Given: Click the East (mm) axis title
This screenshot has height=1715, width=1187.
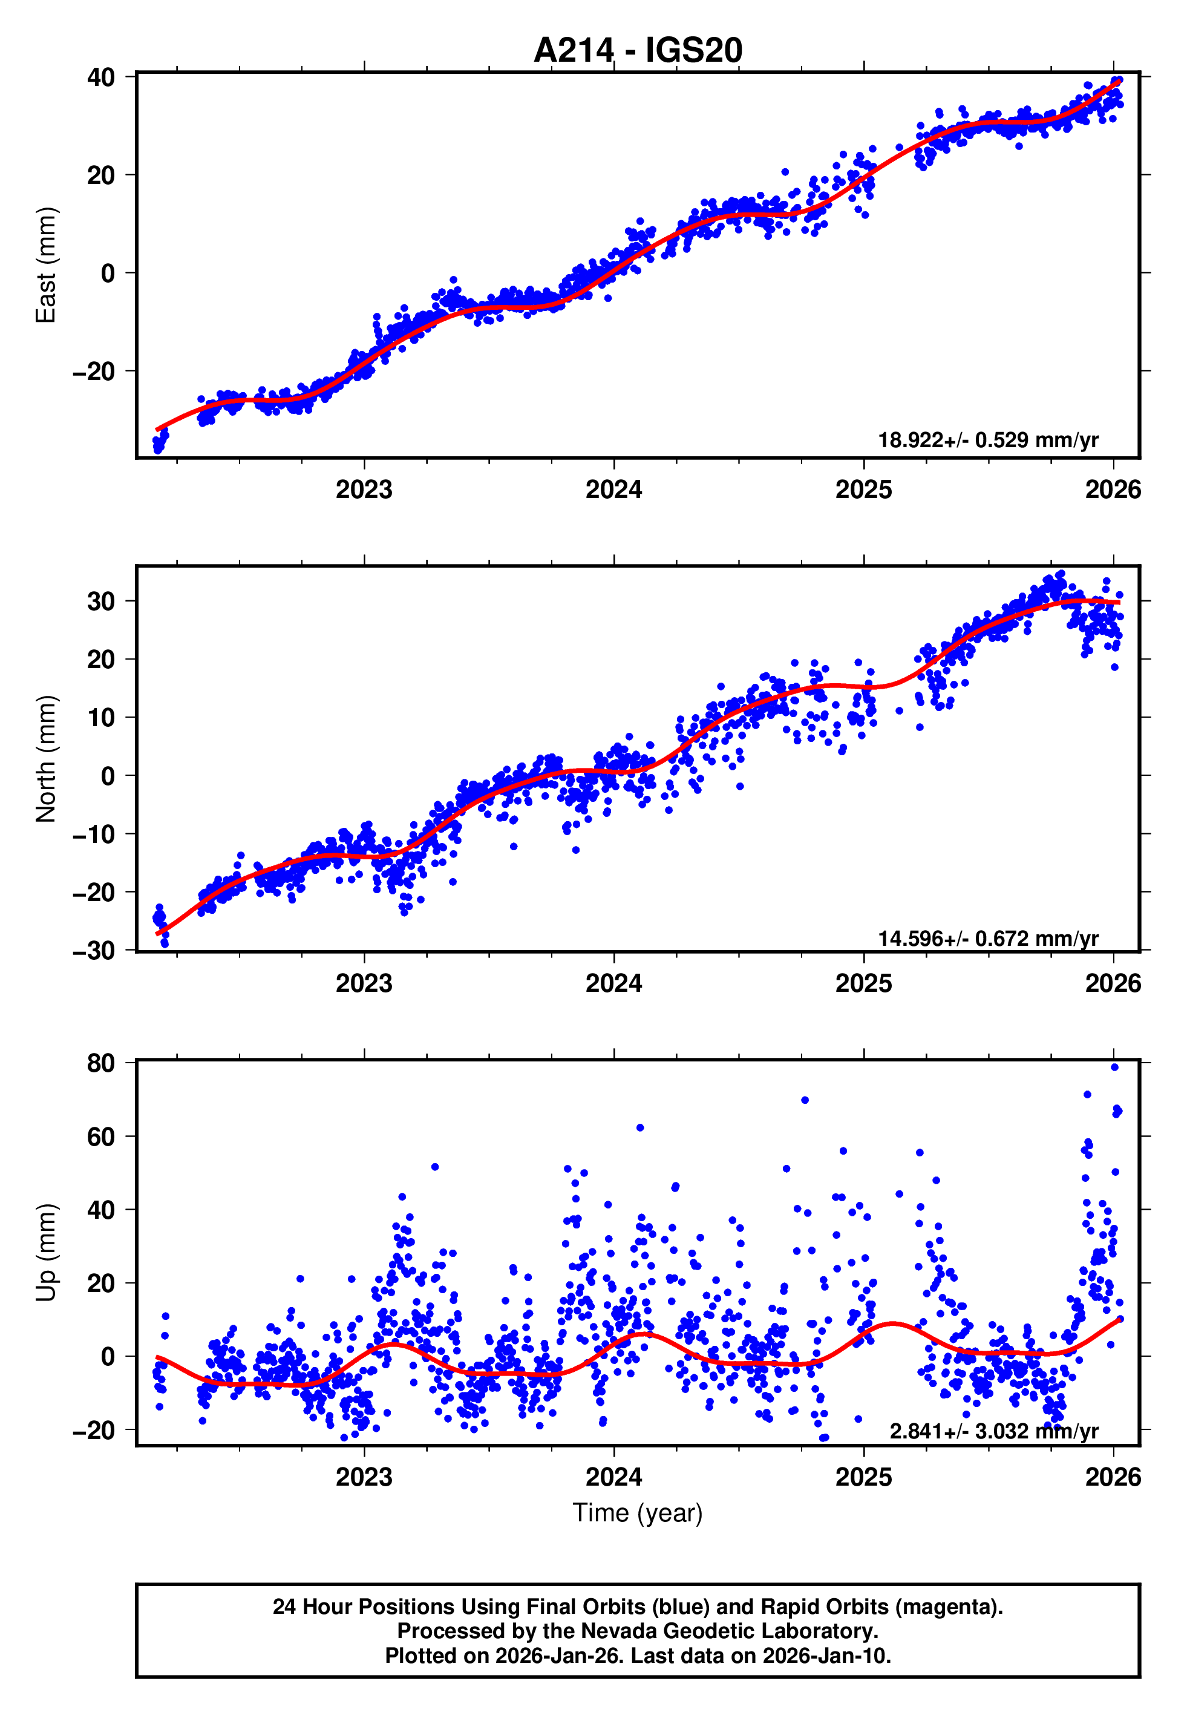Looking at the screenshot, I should coord(46,265).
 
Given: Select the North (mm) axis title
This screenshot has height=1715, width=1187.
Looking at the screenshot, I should coord(46,759).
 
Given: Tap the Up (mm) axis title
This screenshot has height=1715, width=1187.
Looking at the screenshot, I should coord(46,1253).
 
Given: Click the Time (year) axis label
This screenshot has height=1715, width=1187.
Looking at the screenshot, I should coord(638,1513).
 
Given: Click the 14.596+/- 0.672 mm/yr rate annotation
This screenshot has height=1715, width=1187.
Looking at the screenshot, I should coord(988,939).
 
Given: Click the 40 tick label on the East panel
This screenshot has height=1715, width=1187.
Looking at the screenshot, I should coord(101,77).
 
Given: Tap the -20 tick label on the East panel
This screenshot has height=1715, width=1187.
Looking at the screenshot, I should coord(94,371).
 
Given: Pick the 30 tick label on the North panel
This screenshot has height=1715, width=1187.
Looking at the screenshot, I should coord(101,601).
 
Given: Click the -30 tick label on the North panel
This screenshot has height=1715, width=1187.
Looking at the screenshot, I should coord(94,951).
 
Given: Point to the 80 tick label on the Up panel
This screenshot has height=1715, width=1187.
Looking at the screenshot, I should coord(101,1063).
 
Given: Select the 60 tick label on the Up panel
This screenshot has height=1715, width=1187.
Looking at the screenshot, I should coord(101,1136).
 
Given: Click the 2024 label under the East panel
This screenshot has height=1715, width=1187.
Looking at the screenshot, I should coord(613,490).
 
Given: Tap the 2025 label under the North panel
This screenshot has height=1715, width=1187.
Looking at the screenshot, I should coord(863,983).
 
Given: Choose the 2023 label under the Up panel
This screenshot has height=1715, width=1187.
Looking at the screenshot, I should coord(364,1477).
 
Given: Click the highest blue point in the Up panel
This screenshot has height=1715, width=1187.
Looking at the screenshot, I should coord(1114,1067).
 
